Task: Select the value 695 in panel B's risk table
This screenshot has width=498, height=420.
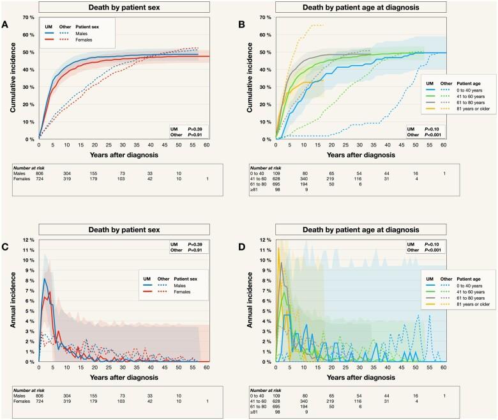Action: (284, 183)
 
